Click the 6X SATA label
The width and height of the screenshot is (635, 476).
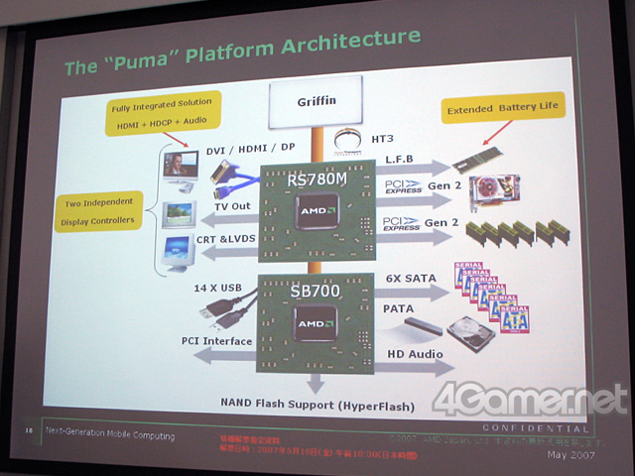pyautogui.click(x=409, y=281)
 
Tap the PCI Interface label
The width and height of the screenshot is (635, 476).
pyautogui.click(x=216, y=342)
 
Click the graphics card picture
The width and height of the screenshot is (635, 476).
pyautogui.click(x=493, y=187)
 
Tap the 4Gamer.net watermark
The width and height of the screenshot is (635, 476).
pyautogui.click(x=532, y=402)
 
